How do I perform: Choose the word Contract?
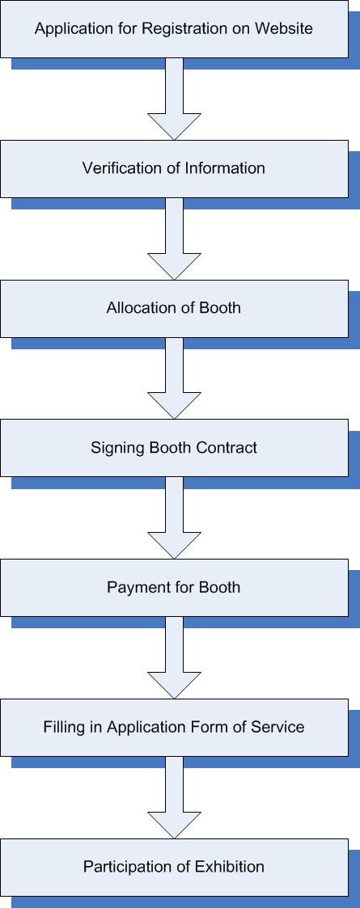tap(229, 448)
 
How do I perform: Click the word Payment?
tap(135, 588)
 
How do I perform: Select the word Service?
tap(277, 727)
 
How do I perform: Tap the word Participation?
tap(123, 867)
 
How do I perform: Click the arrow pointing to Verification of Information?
tap(174, 99)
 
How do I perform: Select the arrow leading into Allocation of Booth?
tap(174, 239)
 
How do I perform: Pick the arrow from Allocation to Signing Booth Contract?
tap(174, 378)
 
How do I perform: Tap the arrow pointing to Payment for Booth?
tap(174, 517)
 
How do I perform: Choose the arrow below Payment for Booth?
tap(174, 658)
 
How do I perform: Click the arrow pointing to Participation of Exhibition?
tap(174, 797)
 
